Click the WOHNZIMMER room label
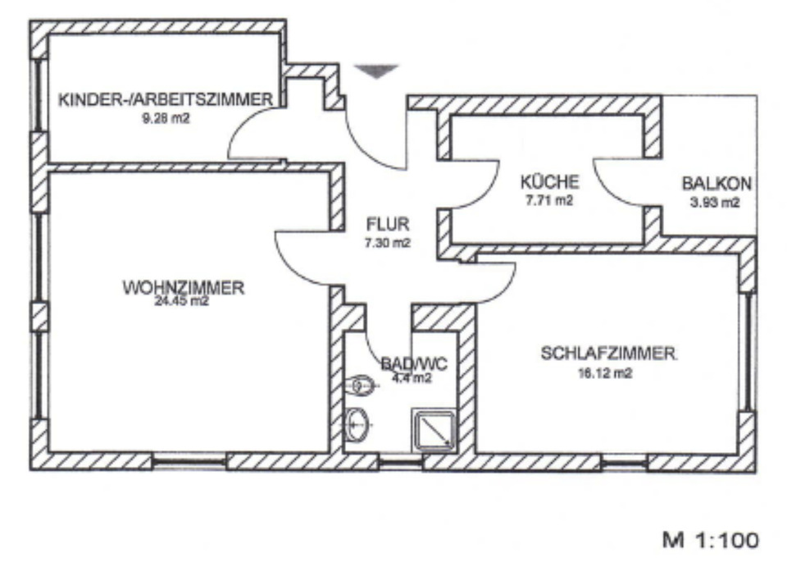[184, 288]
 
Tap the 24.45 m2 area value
[184, 300]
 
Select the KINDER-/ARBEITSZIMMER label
[165, 100]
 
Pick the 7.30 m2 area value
[388, 243]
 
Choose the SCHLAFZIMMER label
[608, 354]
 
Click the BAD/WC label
[407, 363]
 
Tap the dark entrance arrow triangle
[376, 72]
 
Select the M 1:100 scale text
[710, 540]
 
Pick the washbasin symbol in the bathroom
[358, 424]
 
